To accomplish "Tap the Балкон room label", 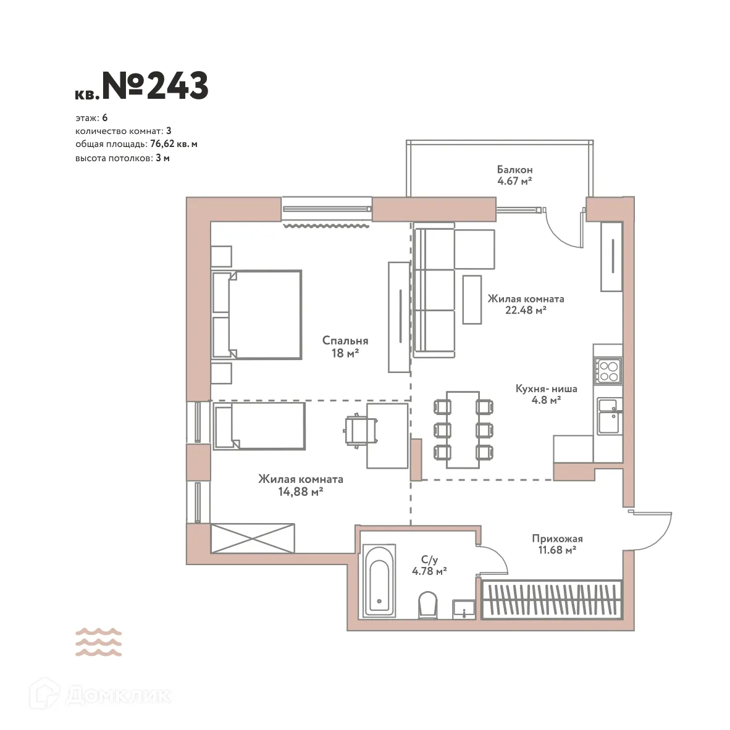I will pos(514,169).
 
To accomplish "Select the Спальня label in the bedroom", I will pos(345,340).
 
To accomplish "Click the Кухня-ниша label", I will pos(546,388).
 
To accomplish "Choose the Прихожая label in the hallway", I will pos(557,539).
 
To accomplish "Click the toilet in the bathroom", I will pos(427,604).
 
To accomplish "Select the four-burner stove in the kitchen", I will pos(608,371).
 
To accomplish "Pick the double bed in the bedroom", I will pos(258,314).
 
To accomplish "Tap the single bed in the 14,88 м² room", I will pos(259,425).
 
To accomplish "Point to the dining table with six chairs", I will pos(463,429).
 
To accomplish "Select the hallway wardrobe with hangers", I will pos(551,599).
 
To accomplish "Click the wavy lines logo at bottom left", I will pos(98,642).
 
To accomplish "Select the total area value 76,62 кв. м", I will pos(174,144).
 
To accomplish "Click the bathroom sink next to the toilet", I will pos(463,608).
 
